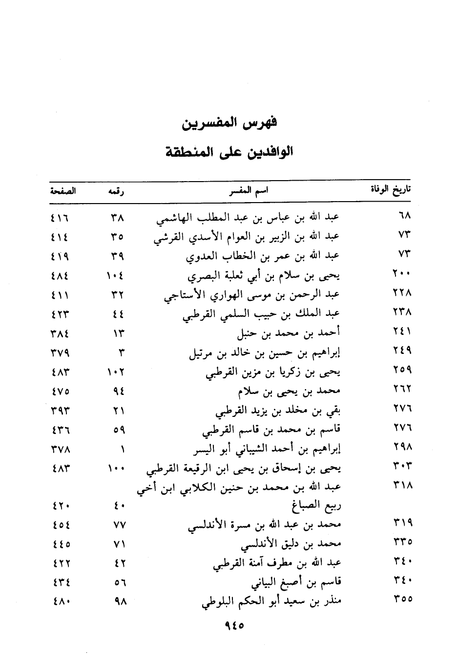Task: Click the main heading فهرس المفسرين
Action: (229, 123)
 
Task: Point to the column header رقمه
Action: (116, 191)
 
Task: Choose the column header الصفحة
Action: (63, 191)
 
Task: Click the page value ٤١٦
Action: (60, 216)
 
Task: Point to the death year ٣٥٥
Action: (402, 599)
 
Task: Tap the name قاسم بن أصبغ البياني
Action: (295, 582)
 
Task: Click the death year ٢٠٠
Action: (402, 274)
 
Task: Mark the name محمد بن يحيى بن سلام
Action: (289, 392)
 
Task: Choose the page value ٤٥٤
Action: (60, 525)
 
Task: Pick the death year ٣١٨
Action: (402, 486)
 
